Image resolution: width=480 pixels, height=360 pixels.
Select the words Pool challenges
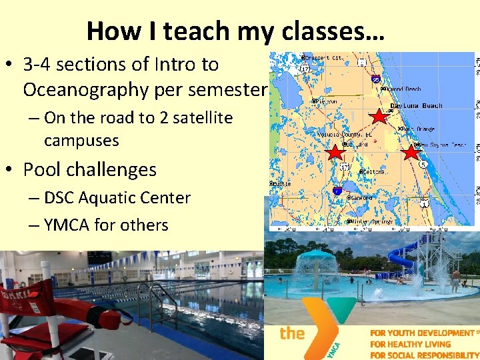[x=89, y=169]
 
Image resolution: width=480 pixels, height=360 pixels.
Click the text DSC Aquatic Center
[x=117, y=198]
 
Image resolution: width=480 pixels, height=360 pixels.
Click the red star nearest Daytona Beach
[x=379, y=117]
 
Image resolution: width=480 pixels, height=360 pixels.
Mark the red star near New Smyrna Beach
[x=410, y=153]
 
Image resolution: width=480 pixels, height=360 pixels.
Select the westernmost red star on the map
[x=335, y=153]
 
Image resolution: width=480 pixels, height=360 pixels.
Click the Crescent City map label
[x=325, y=58]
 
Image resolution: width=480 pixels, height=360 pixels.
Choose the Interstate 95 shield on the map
[x=377, y=79]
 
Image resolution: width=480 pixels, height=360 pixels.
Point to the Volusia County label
[x=345, y=134]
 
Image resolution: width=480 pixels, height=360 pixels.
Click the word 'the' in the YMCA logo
[x=292, y=333]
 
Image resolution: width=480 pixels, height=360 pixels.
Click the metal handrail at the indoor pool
[x=153, y=293]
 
